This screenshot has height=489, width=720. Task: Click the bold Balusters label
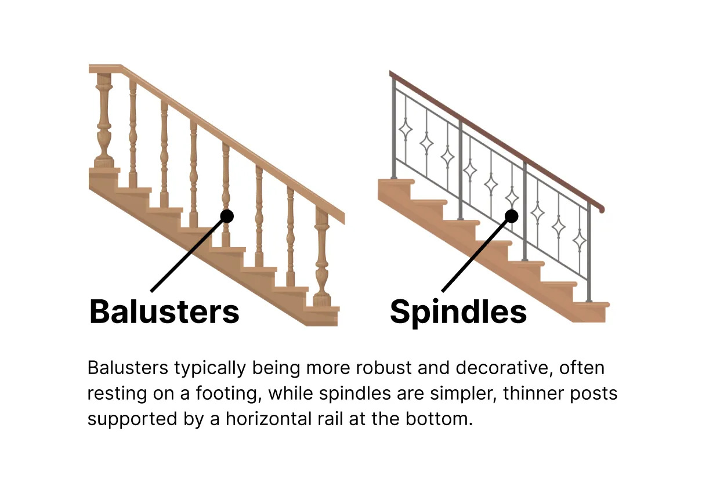pyautogui.click(x=164, y=312)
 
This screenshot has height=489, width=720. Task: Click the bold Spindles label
pyautogui.click(x=458, y=312)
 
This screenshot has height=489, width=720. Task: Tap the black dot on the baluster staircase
pyautogui.click(x=227, y=216)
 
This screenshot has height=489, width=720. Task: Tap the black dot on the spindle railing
pyautogui.click(x=511, y=216)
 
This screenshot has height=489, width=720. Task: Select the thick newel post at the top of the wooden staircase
pyautogui.click(x=104, y=119)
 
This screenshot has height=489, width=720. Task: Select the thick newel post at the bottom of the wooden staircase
pyautogui.click(x=322, y=255)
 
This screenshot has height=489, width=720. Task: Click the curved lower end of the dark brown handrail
pyautogui.click(x=600, y=207)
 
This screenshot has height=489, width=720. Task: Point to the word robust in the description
pyautogui.click(x=377, y=368)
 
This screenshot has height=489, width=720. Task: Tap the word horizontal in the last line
pyautogui.click(x=276, y=419)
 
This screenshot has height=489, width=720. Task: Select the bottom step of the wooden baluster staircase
pyautogui.click(x=322, y=314)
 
